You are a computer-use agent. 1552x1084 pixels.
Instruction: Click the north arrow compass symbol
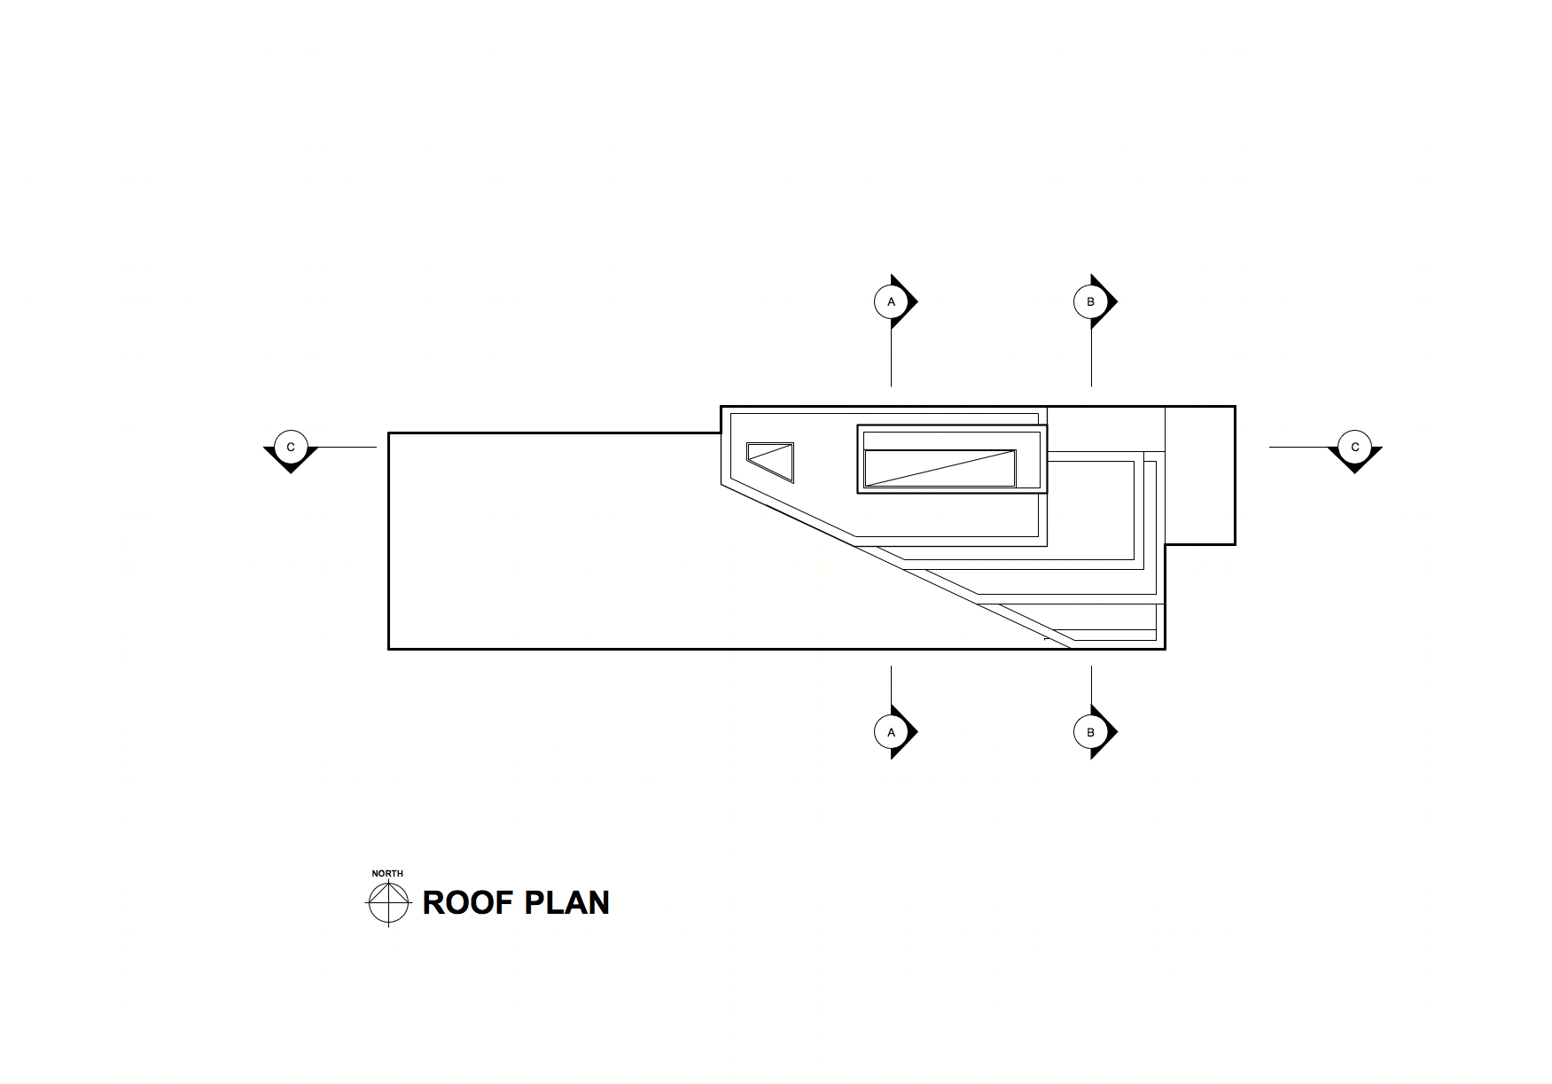pyautogui.click(x=388, y=902)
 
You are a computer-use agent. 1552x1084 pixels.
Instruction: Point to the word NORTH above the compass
pyautogui.click(x=387, y=873)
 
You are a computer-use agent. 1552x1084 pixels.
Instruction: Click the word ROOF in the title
pyautogui.click(x=467, y=902)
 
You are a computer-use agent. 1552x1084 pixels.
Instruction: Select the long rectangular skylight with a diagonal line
pyautogui.click(x=940, y=468)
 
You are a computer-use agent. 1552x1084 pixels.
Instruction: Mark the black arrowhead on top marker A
pyautogui.click(x=909, y=301)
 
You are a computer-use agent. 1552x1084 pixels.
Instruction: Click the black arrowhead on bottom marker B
pyautogui.click(x=1108, y=732)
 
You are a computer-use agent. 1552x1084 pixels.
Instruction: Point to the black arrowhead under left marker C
pyautogui.click(x=291, y=463)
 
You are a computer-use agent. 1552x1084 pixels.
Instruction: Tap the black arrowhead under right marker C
pyautogui.click(x=1354, y=463)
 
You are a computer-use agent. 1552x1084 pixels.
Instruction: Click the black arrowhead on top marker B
pyautogui.click(x=1108, y=301)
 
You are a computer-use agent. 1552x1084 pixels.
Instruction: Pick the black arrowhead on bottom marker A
pyautogui.click(x=909, y=732)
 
